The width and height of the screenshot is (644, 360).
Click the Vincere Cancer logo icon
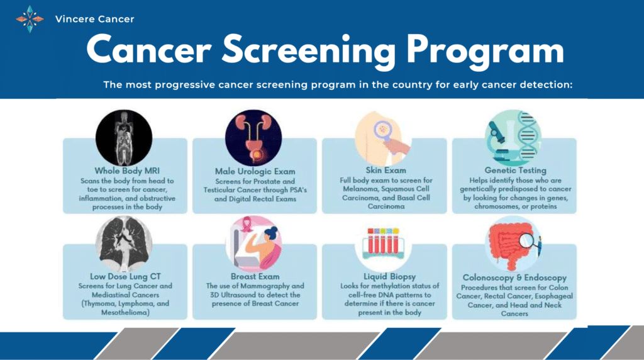pos(30,19)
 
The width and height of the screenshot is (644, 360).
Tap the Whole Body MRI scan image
pos(124,137)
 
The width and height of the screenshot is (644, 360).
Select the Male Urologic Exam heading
pos(255,171)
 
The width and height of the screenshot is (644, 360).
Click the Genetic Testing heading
pos(515,170)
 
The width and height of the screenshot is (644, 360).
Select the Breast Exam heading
pos(255,276)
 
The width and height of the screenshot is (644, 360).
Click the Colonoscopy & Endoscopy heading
pos(514,278)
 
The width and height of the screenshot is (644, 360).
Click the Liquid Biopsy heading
pos(384,276)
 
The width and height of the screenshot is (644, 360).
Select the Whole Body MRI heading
pos(125,171)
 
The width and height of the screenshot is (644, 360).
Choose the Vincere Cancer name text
pos(94,19)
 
